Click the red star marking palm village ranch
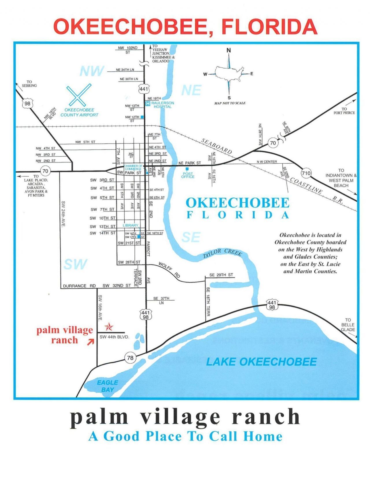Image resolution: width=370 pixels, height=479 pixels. pos(109,327)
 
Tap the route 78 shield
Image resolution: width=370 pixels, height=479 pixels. pos(130,358)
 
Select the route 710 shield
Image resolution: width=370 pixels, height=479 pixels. pos(306,173)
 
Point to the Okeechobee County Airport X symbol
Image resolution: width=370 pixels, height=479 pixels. pos(79,95)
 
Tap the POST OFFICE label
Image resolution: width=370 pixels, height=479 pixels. pos(188,175)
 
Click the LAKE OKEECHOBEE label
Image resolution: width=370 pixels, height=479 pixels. pos(261,362)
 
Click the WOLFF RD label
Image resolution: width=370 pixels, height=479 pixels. pos(169,270)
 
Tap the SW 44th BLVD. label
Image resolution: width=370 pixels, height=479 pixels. pos(114,337)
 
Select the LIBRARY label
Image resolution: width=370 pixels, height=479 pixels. pos(130,225)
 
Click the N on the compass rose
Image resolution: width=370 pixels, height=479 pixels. pos(229,50)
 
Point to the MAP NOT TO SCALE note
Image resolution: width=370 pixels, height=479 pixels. pos(230,103)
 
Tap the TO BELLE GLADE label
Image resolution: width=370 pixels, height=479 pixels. pos(348,325)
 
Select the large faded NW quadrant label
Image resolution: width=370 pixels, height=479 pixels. pos(92,71)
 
